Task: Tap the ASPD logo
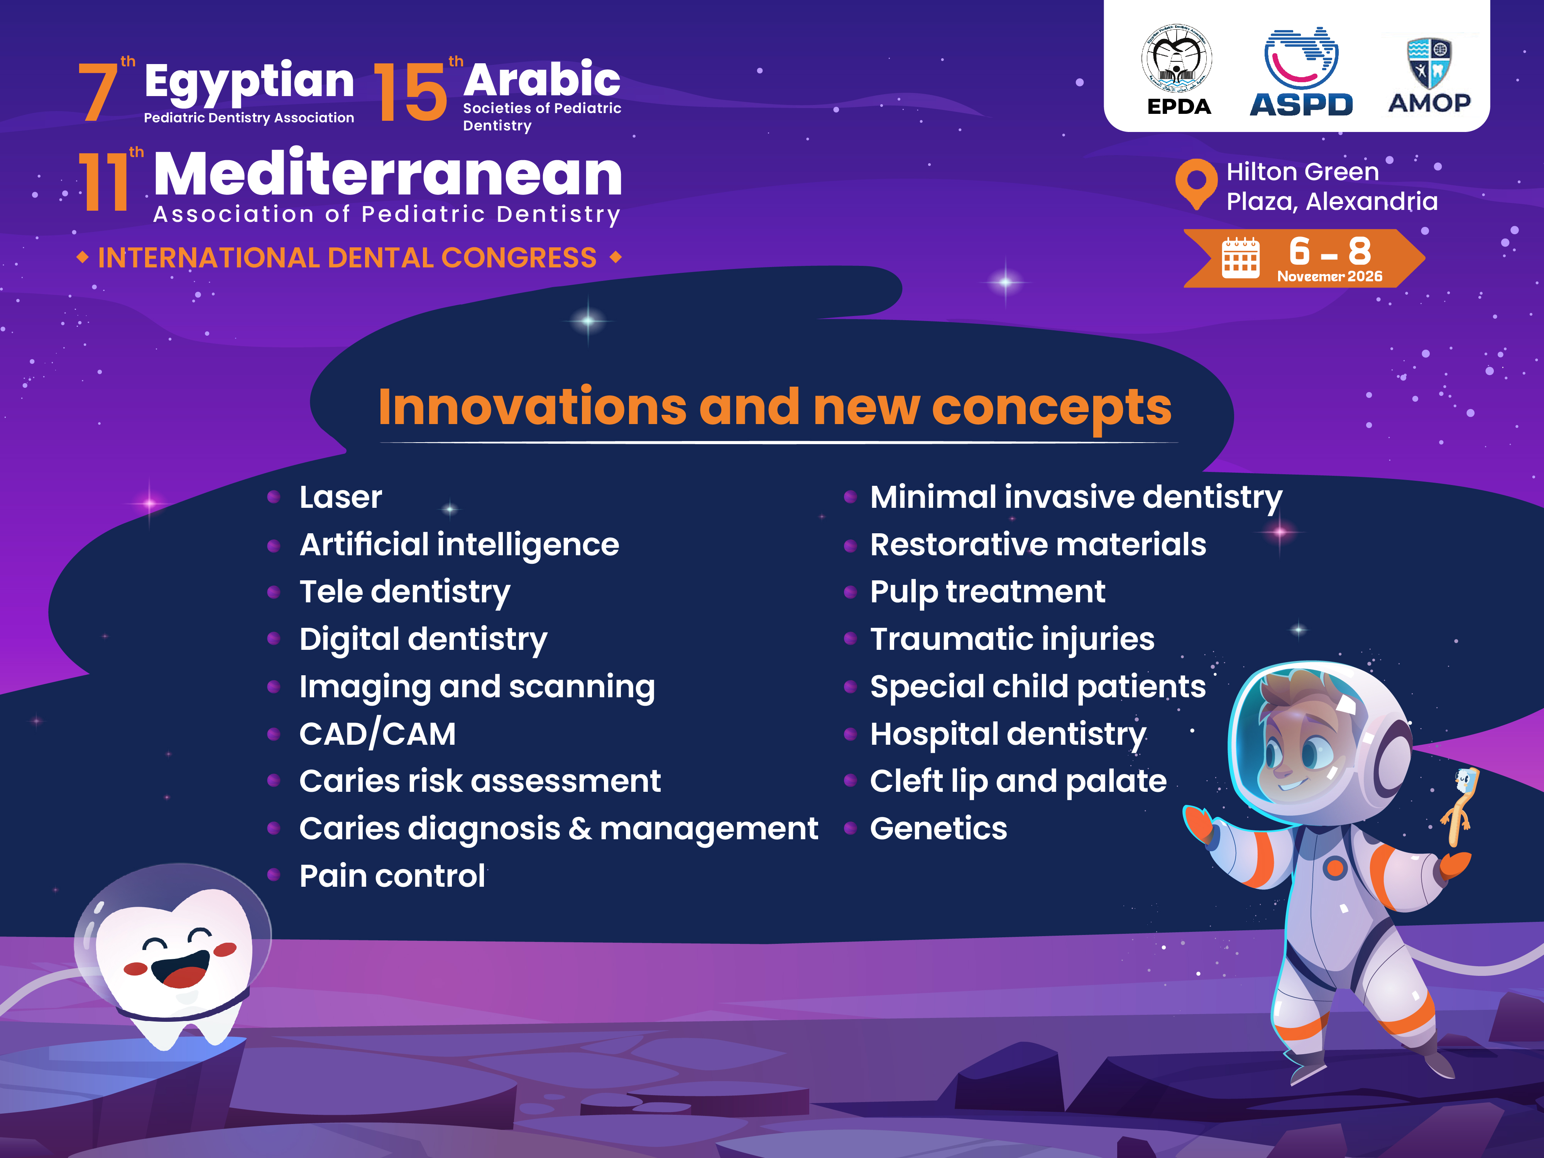coord(1301,72)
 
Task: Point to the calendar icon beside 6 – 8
coord(1240,258)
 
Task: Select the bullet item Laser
coord(341,497)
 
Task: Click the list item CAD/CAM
coord(378,734)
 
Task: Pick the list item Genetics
coord(938,828)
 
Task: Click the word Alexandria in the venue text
coord(1372,201)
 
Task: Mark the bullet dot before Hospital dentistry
coord(849,734)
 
